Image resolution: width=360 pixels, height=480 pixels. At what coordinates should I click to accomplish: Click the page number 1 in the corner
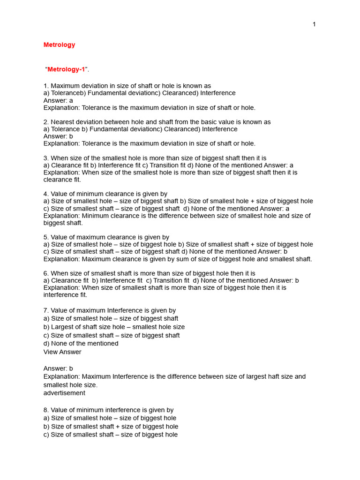[314, 24]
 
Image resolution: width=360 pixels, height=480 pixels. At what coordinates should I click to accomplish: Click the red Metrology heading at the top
[59, 45]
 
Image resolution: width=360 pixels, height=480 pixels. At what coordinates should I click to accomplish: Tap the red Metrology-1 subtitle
[66, 69]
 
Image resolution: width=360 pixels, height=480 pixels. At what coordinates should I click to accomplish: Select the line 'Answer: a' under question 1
[58, 100]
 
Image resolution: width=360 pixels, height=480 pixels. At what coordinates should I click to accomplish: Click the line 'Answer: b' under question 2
[58, 136]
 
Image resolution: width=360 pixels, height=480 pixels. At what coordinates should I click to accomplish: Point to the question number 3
[46, 158]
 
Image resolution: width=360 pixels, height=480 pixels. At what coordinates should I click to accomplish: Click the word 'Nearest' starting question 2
[63, 122]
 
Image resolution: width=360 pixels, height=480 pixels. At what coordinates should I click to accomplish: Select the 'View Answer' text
[62, 352]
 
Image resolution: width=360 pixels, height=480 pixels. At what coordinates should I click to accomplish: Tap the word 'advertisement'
[64, 393]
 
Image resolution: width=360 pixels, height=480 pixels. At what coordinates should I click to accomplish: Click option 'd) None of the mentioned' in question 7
[81, 344]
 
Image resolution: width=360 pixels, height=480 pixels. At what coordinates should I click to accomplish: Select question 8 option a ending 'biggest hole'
[110, 418]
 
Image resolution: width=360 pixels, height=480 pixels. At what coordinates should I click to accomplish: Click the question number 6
[46, 273]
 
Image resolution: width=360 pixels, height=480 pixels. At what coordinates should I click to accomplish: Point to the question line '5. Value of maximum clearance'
[106, 237]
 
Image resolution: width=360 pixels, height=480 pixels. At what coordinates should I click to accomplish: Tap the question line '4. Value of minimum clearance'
[105, 194]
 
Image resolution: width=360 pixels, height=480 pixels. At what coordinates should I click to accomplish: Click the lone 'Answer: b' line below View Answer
[58, 368]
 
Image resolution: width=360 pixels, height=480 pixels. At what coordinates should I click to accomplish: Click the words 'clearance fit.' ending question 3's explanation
[62, 180]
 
